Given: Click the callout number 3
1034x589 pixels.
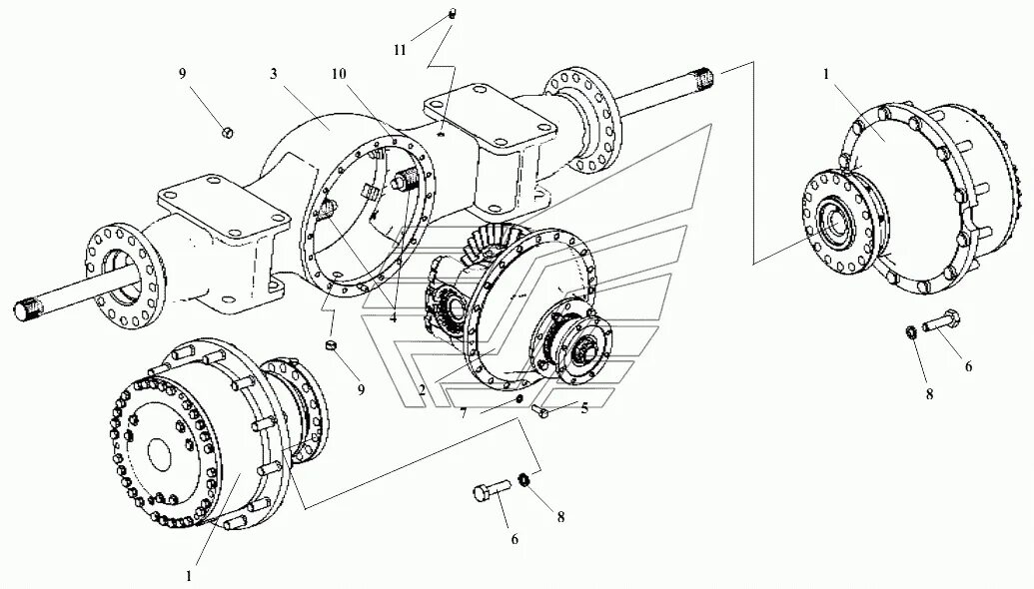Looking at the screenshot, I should (273, 73).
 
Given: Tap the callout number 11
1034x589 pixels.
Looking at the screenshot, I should (400, 49).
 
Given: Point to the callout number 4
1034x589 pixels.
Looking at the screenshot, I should (394, 318).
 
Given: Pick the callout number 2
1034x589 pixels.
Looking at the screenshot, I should (423, 389).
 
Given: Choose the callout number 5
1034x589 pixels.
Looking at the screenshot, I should (584, 407).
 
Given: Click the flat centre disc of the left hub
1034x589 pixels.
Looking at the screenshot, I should (163, 454).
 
